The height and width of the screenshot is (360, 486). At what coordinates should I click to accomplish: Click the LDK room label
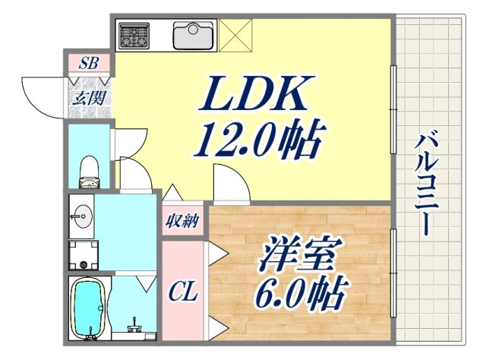(255, 96)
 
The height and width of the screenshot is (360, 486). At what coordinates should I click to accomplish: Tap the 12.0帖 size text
(259, 140)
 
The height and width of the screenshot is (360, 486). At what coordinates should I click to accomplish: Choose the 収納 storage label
(182, 222)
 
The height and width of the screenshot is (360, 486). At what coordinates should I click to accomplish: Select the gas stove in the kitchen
(134, 35)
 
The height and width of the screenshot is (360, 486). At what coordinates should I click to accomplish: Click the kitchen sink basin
(194, 35)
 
